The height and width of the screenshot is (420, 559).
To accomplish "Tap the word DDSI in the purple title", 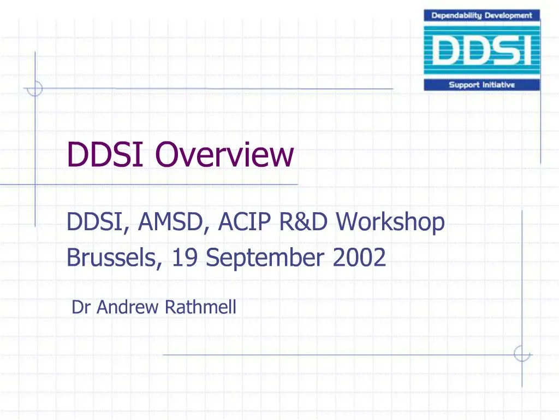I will (x=104, y=154).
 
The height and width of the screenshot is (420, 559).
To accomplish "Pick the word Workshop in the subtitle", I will (x=390, y=223).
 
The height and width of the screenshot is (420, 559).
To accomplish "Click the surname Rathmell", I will (x=200, y=307).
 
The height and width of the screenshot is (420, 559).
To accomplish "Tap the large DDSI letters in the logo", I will (x=482, y=51).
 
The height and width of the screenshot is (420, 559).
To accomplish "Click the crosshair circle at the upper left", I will (x=35, y=88).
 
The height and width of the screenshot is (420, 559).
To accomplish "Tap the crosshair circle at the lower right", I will (x=522, y=354).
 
